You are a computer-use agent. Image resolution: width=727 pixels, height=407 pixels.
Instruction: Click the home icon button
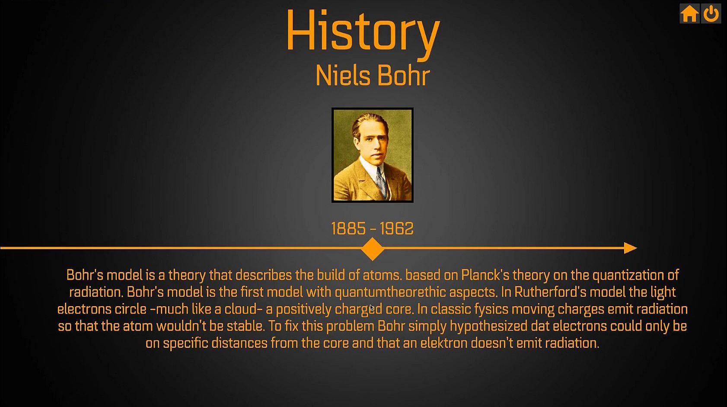click(689, 14)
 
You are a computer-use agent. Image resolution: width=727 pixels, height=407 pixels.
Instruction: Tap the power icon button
click(711, 14)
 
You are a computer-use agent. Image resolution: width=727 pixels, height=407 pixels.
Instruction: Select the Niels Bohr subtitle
click(373, 76)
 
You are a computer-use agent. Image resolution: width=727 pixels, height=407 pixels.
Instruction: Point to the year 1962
click(397, 228)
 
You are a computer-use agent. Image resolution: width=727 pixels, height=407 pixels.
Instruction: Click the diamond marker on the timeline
click(373, 249)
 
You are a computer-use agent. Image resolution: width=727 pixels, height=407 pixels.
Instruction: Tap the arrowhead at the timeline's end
click(630, 248)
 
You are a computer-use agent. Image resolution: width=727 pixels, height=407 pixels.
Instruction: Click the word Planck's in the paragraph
click(485, 275)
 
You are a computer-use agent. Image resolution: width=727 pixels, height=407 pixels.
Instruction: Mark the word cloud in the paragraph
click(243, 309)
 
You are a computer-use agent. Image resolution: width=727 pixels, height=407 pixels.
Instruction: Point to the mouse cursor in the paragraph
click(372, 308)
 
